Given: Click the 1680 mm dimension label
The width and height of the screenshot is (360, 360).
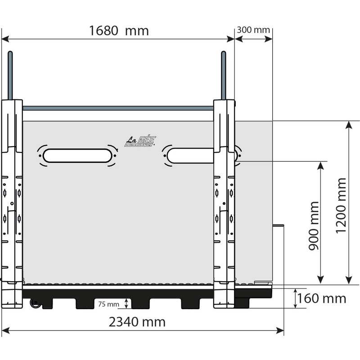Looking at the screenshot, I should pos(119,31).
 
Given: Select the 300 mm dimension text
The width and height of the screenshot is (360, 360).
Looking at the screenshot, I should pos(253,30).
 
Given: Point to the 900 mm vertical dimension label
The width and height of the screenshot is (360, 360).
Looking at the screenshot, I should pos(314,226).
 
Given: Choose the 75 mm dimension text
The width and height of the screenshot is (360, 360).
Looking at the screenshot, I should pos(108,304).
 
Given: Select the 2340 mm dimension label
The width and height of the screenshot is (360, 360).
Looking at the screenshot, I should pos(137,322).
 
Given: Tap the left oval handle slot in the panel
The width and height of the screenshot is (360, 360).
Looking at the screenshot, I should pos(78,155).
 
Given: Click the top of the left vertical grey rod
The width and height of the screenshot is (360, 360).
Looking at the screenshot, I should pos(10,54).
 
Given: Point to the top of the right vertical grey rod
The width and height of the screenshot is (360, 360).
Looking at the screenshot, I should pos(223,54).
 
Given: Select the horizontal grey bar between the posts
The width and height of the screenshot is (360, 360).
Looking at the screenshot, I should pos(118,108).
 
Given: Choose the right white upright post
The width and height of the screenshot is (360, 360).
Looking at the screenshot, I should pos(224,202).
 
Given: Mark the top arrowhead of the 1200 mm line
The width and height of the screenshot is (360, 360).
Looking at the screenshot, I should pos(349,125).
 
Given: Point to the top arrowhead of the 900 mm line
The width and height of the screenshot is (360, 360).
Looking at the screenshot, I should pos(320,165).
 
